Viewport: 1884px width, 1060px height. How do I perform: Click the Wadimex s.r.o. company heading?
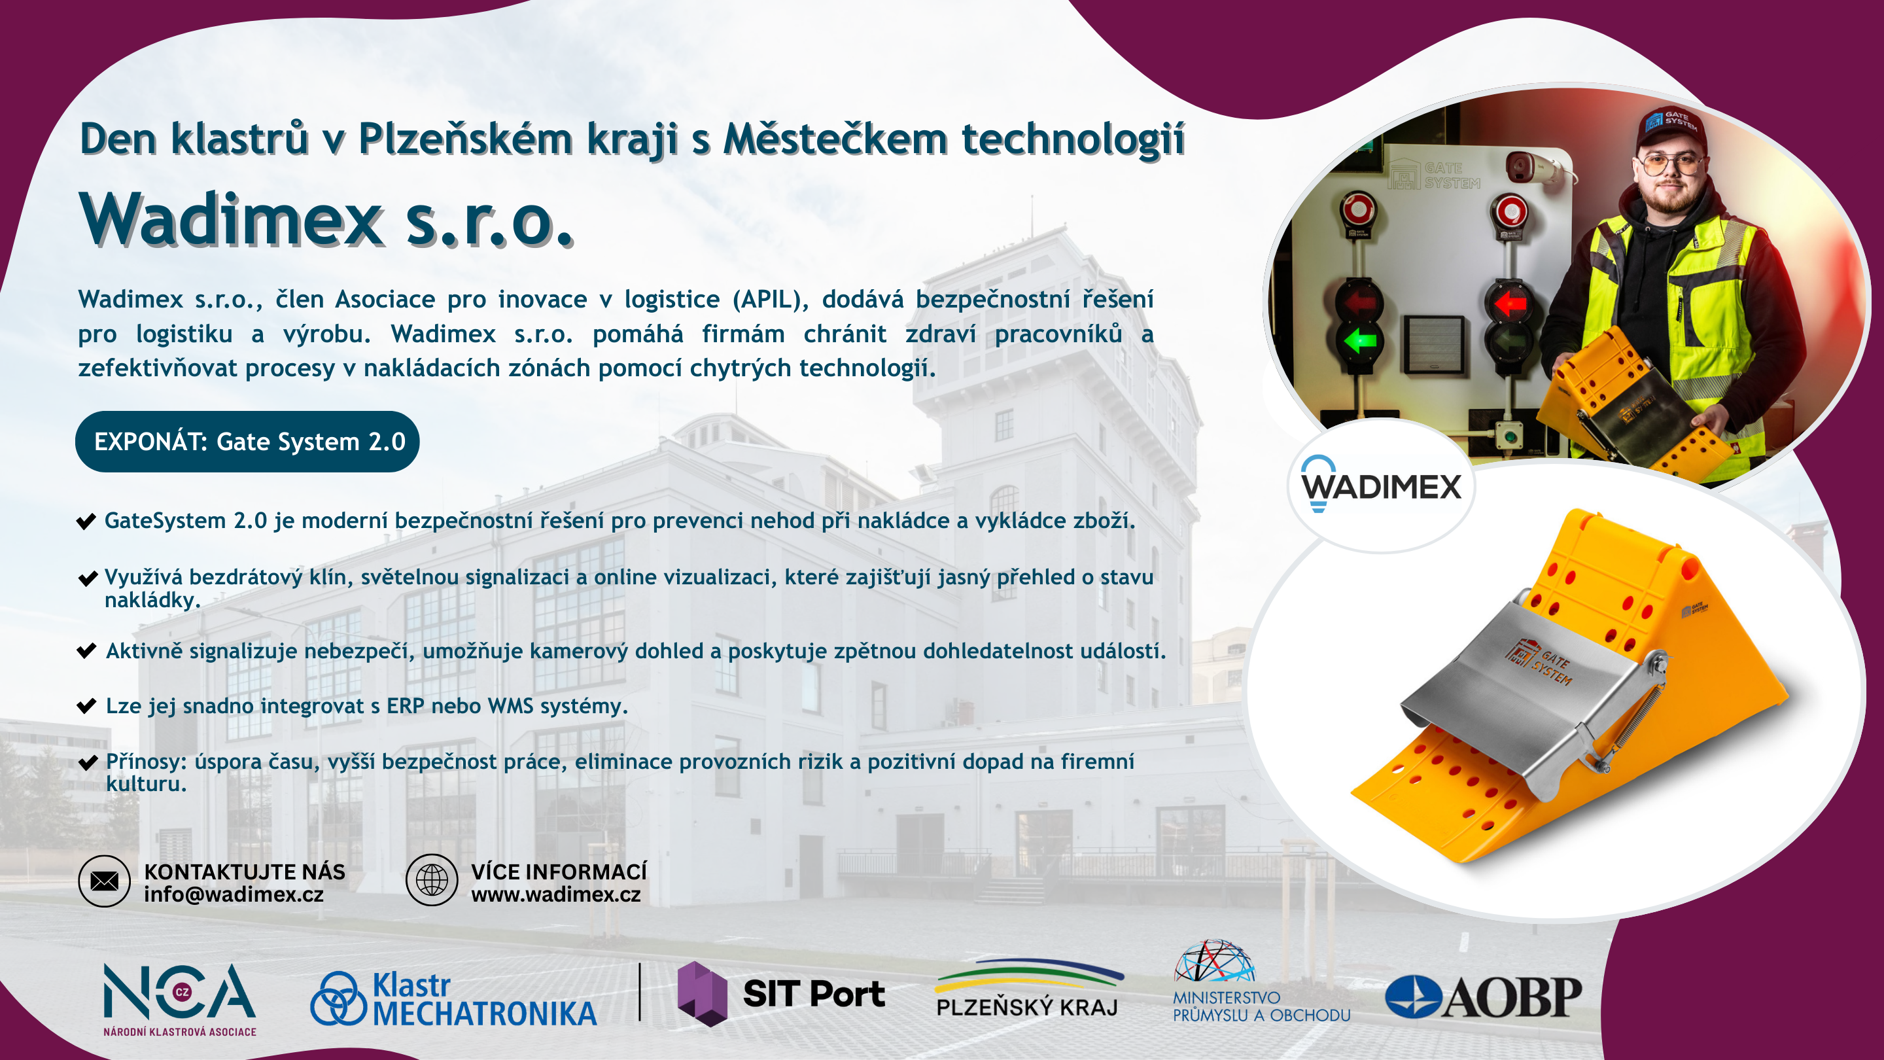(326, 219)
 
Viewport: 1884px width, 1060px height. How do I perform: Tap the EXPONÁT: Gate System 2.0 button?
(247, 441)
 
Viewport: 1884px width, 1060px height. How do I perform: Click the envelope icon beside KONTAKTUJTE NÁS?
(105, 881)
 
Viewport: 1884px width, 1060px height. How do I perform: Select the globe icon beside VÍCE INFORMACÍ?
(432, 880)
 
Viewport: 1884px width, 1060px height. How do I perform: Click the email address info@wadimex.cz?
(234, 894)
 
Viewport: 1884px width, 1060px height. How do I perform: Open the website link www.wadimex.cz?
(556, 894)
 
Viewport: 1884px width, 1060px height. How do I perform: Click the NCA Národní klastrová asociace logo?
(180, 999)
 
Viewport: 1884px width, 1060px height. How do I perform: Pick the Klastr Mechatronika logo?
(453, 999)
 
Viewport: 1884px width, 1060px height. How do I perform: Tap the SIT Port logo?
(781, 993)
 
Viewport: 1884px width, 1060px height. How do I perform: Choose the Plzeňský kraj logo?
(1028, 987)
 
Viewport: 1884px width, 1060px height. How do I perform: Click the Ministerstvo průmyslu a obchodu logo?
(1261, 981)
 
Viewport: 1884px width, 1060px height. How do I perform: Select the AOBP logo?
(1483, 997)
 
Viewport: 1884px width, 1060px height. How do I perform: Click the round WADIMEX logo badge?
(1381, 486)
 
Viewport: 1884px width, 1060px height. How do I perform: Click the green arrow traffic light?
(1359, 340)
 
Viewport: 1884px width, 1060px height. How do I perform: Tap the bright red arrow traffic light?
(1510, 302)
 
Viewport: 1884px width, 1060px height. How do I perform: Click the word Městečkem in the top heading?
(835, 138)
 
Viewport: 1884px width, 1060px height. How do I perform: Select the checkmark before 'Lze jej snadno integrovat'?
(86, 706)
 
